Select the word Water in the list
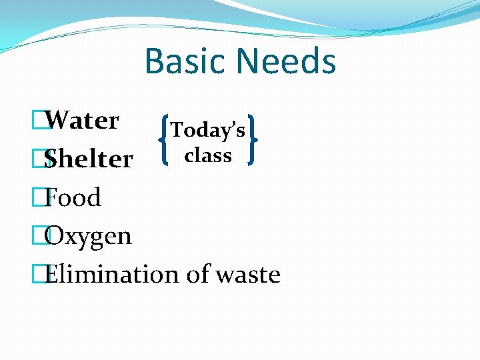click(x=83, y=121)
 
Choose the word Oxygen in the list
click(x=89, y=237)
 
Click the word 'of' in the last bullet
click(x=198, y=274)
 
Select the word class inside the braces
click(x=208, y=155)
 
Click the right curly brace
click(x=253, y=139)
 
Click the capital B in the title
click(x=155, y=61)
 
